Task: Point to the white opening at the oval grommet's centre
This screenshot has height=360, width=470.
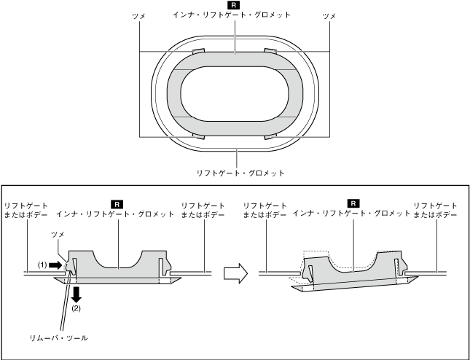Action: coord(234,93)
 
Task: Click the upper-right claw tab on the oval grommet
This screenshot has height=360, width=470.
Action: coord(271,51)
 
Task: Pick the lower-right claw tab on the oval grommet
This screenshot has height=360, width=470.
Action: coord(271,136)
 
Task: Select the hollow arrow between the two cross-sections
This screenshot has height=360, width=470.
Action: coord(233,274)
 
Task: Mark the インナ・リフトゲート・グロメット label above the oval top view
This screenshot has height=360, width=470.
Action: coord(235,15)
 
